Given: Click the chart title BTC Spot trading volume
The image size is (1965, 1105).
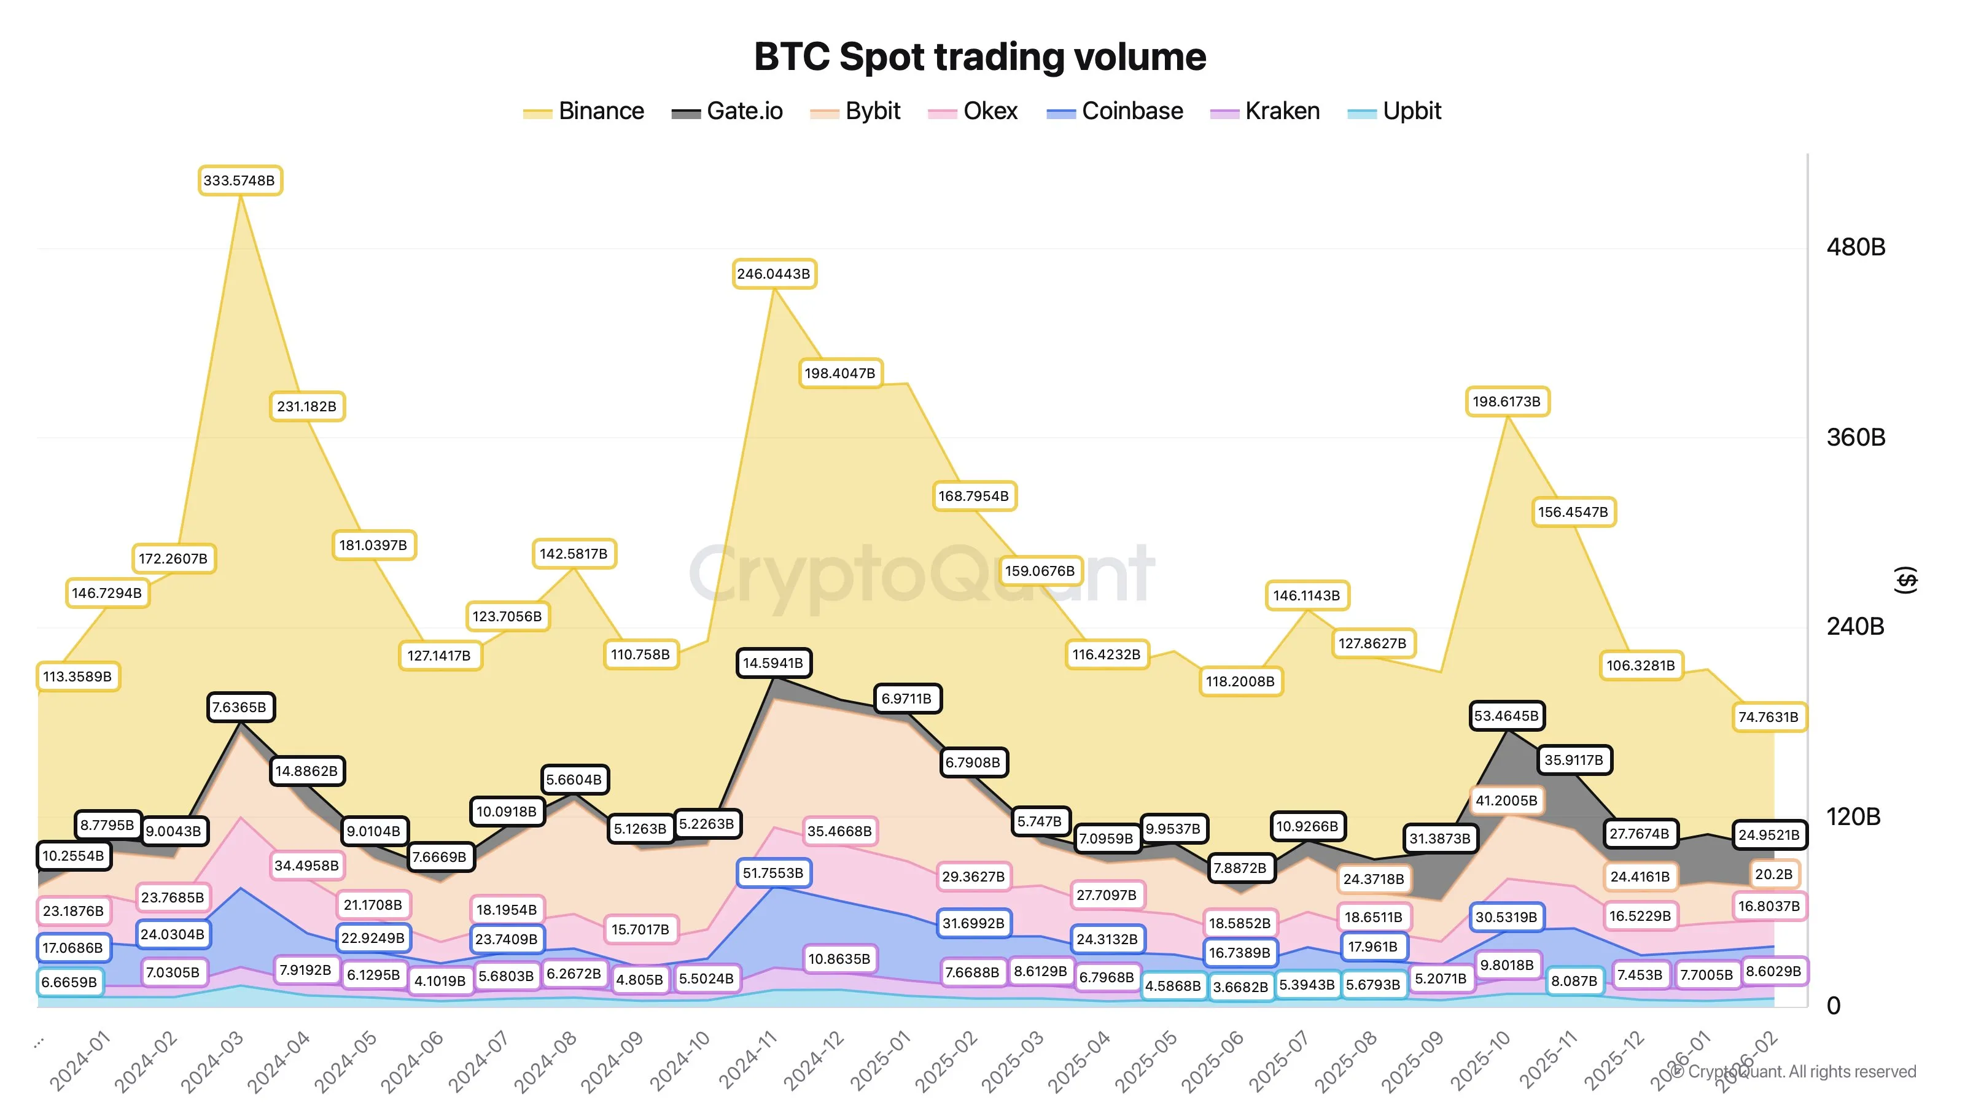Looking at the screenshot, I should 979,56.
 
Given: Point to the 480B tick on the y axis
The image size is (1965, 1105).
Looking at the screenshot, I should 1855,247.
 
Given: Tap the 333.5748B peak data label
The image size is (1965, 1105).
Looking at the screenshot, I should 239,180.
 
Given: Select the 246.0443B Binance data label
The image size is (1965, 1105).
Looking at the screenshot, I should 774,274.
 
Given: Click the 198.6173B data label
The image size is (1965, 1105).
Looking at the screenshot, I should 1506,402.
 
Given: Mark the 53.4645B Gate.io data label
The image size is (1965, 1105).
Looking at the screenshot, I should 1506,716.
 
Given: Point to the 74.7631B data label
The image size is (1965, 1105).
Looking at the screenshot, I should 1768,718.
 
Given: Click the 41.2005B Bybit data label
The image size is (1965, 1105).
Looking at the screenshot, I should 1506,801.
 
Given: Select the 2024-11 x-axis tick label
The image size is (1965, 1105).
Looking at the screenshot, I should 747,1060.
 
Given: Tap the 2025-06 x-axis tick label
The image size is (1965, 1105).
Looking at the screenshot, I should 1213,1060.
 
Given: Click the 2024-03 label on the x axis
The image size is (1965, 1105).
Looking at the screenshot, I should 212,1060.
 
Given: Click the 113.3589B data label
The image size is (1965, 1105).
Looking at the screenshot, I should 77,677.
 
